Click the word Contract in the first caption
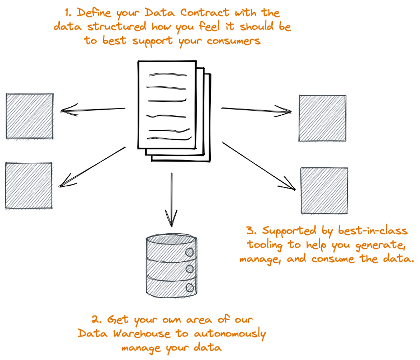click(205, 13)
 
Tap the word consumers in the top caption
click(233, 41)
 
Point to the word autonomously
click(230, 334)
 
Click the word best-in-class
click(373, 231)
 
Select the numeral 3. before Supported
click(252, 231)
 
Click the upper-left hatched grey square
click(30, 116)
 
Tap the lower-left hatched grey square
click(29, 185)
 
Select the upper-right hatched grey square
click(322, 118)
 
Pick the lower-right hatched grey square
click(324, 190)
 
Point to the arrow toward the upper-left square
click(93, 110)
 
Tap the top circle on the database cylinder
click(190, 252)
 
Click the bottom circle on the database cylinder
click(190, 288)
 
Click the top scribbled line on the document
click(167, 75)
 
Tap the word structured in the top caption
click(117, 27)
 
